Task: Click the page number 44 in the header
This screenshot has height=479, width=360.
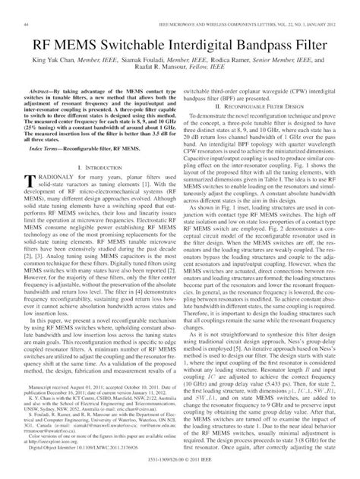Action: (x=27, y=5)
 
